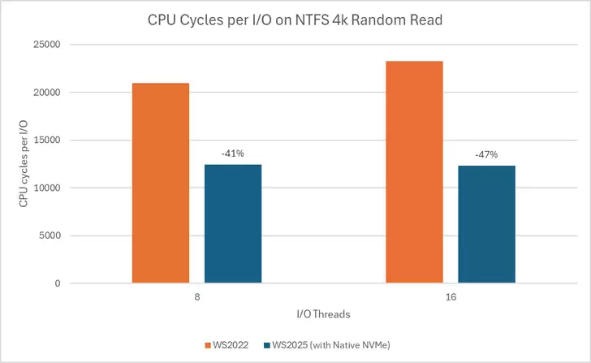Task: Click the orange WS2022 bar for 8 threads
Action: click(x=160, y=183)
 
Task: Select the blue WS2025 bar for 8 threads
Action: click(x=233, y=223)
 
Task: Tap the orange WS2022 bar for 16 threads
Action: click(x=414, y=172)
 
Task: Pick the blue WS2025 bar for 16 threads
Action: click(x=486, y=224)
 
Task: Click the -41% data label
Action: click(x=233, y=153)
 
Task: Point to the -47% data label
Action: click(x=486, y=154)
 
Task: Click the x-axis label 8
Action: click(x=197, y=298)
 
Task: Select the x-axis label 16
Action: click(x=451, y=298)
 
